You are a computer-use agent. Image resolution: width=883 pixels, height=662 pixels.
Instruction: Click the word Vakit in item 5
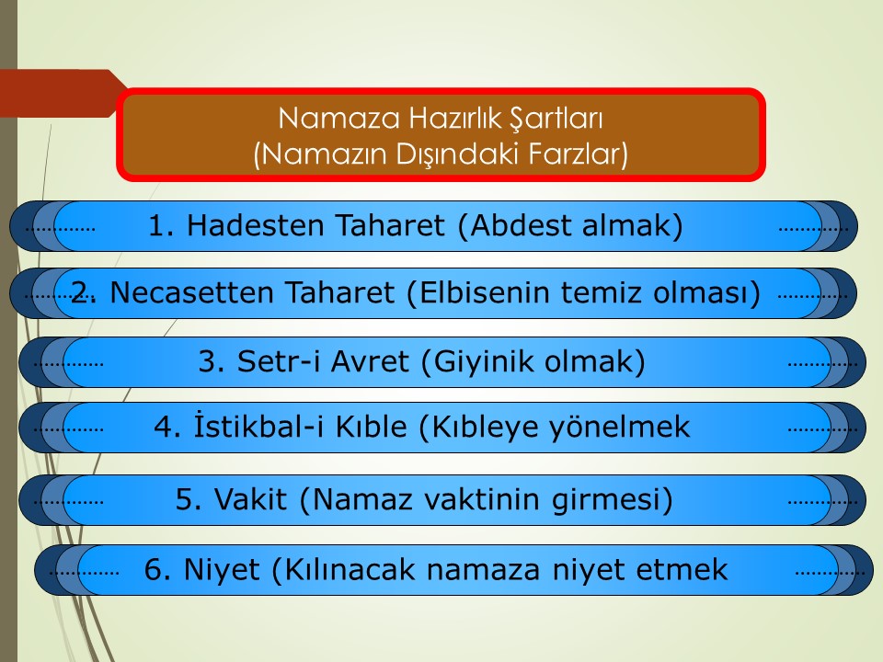pos(250,498)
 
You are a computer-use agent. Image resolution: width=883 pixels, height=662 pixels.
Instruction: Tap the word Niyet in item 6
pos(222,569)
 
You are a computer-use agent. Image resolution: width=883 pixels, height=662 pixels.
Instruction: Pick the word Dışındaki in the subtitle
pos(457,154)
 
